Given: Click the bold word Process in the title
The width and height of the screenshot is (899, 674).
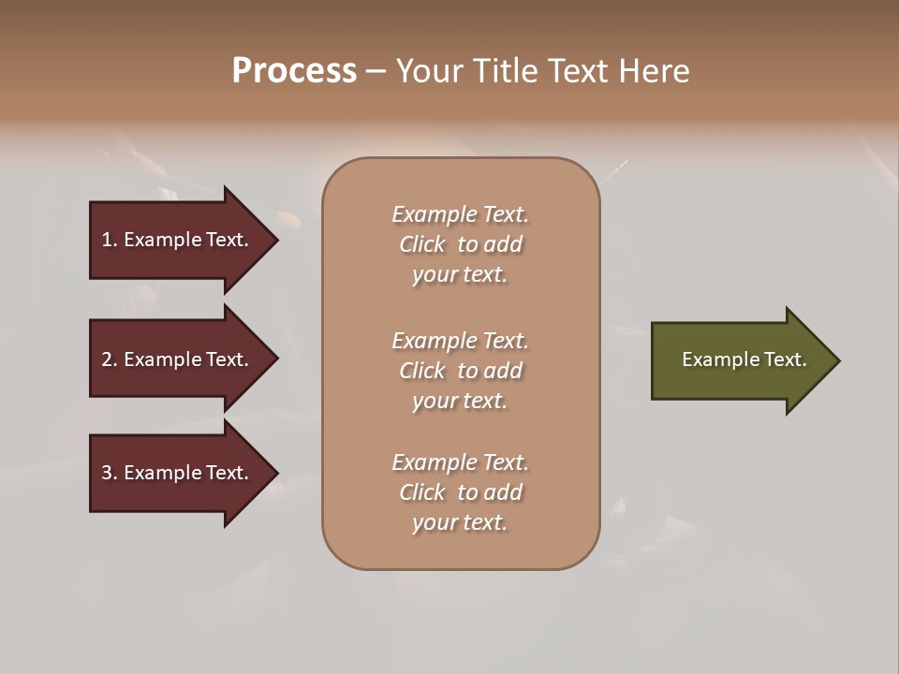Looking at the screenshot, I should click(294, 71).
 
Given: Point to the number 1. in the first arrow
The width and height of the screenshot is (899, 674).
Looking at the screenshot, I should click(110, 240).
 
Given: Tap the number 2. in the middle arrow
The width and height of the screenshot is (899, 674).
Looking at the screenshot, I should click(110, 359).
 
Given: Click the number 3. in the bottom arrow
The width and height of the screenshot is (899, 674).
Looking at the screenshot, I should click(110, 473).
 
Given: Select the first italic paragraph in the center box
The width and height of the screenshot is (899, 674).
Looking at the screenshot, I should click(460, 244).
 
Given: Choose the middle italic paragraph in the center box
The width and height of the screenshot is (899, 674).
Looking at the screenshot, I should click(460, 371).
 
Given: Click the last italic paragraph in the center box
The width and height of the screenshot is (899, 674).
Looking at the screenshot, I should click(460, 492).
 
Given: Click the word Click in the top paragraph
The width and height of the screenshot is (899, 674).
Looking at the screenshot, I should click(421, 244).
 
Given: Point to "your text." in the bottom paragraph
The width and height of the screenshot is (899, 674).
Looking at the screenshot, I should click(460, 522).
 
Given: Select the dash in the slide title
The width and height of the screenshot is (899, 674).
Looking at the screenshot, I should click(376, 71).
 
